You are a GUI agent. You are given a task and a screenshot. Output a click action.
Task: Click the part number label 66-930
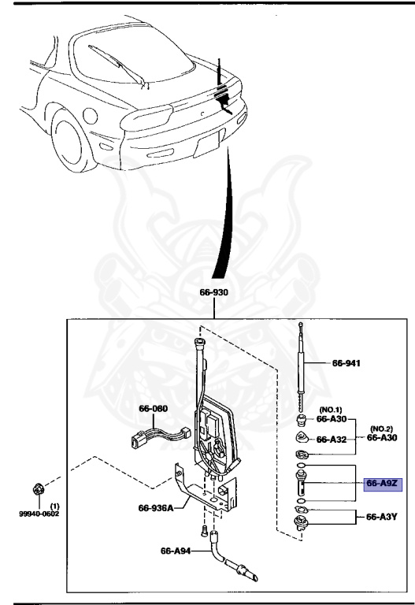[x=213, y=292]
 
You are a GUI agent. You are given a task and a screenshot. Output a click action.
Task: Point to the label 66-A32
[x=332, y=440]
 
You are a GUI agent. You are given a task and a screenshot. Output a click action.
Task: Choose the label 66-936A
[x=156, y=507]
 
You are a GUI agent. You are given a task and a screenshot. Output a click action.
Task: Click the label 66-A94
[x=176, y=551]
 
